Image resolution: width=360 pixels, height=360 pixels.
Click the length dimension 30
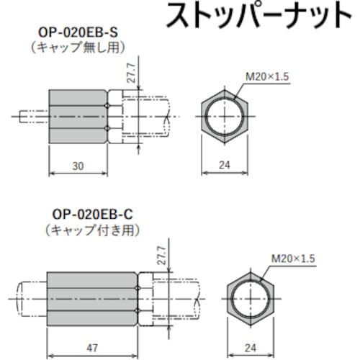click(x=78, y=166)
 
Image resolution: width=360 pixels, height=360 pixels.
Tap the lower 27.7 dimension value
click(x=160, y=257)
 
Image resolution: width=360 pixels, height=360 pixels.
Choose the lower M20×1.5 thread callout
click(x=293, y=257)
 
